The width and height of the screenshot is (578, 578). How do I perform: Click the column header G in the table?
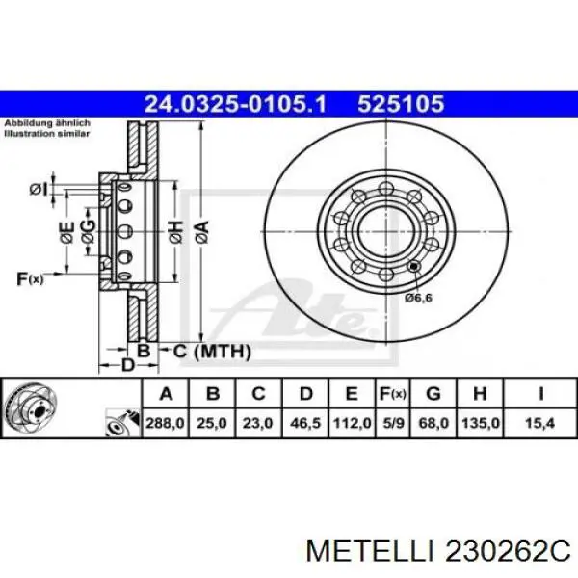433,393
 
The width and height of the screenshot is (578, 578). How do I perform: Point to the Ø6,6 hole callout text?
419,298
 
